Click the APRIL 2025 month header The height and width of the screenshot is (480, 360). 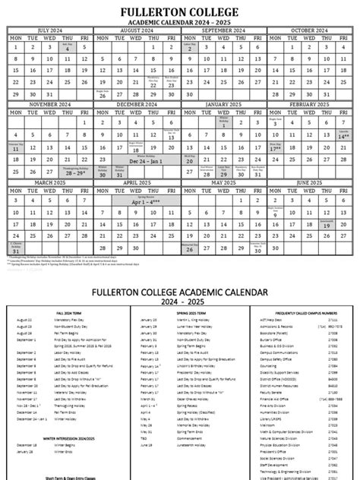[136, 183]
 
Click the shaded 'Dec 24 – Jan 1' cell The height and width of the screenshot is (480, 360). [136, 161]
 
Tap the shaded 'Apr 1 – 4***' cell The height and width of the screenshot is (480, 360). [136, 204]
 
